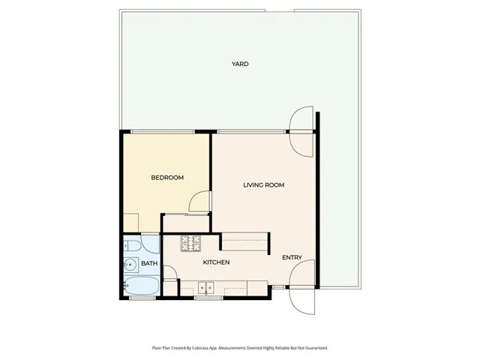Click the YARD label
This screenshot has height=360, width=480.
240,64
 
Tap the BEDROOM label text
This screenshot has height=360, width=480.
167,178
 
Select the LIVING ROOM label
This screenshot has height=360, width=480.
264,184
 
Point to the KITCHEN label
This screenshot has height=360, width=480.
216,262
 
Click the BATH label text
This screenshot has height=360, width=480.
149,263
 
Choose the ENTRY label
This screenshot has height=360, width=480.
292,258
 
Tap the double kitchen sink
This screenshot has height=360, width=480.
207,287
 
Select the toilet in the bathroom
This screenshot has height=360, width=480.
131,245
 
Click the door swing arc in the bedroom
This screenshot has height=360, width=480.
199,203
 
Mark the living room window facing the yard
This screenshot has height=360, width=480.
251,132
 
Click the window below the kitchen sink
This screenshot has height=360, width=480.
207,298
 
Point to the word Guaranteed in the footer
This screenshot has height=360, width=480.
314,348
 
